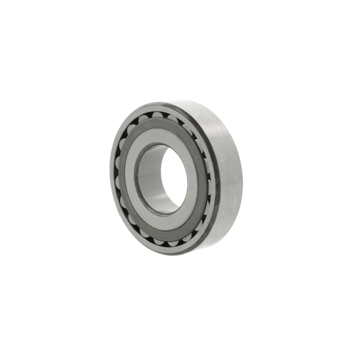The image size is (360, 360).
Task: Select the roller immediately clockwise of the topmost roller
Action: click(x=172, y=118)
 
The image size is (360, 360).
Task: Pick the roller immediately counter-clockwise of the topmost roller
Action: click(x=143, y=119)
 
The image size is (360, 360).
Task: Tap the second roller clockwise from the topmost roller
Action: click(x=186, y=128)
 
